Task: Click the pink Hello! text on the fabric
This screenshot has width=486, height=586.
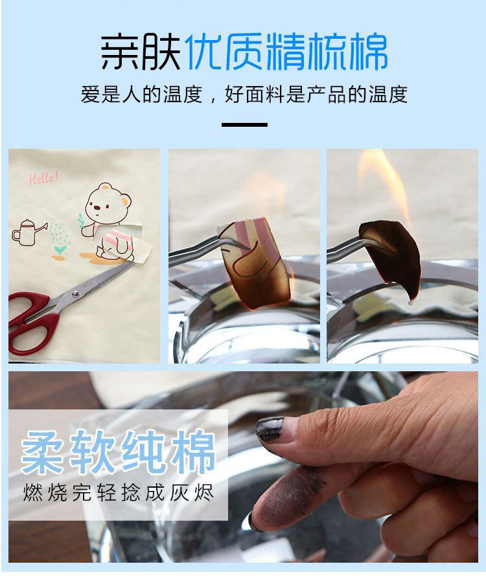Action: (x=44, y=177)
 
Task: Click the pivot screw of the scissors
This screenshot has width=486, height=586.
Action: (x=76, y=294)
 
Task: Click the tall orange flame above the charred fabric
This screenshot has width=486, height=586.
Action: (x=386, y=187)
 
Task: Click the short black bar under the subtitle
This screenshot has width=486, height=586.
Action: (x=244, y=125)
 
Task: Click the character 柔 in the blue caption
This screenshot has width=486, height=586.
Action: (x=42, y=453)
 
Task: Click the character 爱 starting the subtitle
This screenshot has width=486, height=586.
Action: (x=91, y=94)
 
